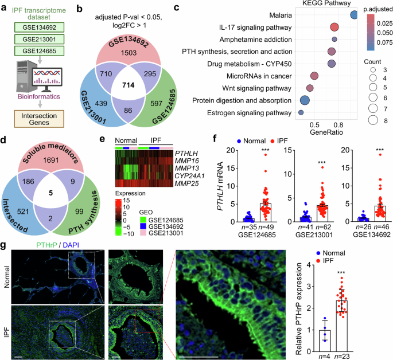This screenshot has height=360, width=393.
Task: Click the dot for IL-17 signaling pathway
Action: [x=334, y=27]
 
